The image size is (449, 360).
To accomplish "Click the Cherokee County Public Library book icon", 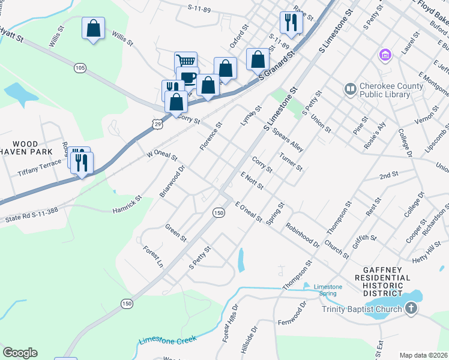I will pyautogui.click(x=350, y=89).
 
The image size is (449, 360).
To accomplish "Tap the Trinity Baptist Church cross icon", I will pyautogui.click(x=411, y=309).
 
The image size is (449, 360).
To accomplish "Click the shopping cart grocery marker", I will pyautogui.click(x=186, y=61).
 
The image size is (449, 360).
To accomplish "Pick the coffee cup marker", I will pyautogui.click(x=188, y=78).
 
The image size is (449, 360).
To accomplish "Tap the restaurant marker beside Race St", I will pyautogui.click(x=291, y=23).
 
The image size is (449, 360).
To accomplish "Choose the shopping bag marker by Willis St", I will pyautogui.click(x=93, y=28).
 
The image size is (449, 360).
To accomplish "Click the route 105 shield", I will pyautogui.click(x=80, y=68).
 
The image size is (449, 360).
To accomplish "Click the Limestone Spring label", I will pyautogui.click(x=328, y=290).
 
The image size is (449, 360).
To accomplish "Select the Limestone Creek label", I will pyautogui.click(x=167, y=340).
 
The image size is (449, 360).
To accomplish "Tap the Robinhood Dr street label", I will pyautogui.click(x=303, y=236).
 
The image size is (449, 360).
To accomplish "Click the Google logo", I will pyautogui.click(x=20, y=353).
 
